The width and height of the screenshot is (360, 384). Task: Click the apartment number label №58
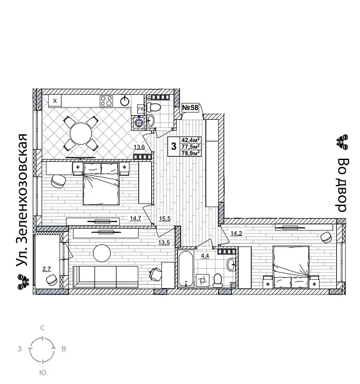[x=190, y=108]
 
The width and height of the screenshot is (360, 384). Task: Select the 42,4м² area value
[x=191, y=140]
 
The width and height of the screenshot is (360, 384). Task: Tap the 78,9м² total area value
[x=191, y=153]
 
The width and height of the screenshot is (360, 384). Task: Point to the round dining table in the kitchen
[x=81, y=134]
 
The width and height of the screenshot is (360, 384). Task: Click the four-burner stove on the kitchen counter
[x=106, y=100]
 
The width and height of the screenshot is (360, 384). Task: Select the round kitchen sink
[x=125, y=100]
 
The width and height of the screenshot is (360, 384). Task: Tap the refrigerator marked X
[x=55, y=100]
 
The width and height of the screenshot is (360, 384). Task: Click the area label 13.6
[x=139, y=147]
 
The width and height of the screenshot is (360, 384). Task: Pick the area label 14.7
[x=135, y=218]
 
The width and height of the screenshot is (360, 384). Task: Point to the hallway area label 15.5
[x=165, y=219]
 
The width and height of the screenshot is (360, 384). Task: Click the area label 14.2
[x=236, y=234]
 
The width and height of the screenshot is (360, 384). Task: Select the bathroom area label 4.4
[x=205, y=255]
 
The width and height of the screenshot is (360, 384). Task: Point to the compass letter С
[x=42, y=328]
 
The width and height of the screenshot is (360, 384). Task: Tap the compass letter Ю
[x=42, y=372]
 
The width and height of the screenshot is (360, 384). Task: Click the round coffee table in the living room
[x=102, y=253]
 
